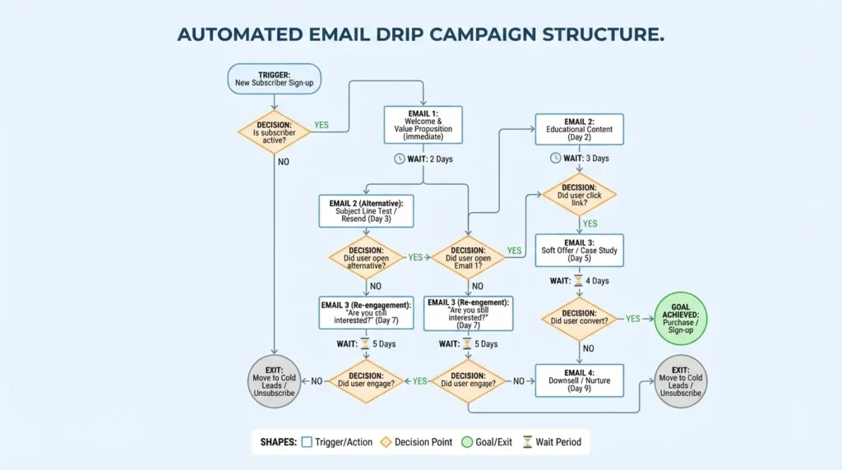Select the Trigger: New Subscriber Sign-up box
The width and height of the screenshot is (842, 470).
tap(274, 79)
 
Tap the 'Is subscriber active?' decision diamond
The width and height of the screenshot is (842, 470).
tap(274, 132)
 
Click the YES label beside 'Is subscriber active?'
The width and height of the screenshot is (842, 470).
tap(321, 125)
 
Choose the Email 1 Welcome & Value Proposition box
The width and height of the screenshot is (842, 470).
tap(423, 126)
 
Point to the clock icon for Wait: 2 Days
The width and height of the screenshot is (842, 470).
tap(399, 159)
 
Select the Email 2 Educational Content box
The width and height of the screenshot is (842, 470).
tap(580, 130)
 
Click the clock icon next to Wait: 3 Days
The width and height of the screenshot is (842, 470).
tap(557, 159)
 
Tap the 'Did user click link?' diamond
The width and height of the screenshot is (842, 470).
tap(580, 195)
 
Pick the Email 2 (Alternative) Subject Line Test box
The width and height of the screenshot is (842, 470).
tap(366, 210)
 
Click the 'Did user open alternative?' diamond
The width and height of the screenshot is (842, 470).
tap(366, 256)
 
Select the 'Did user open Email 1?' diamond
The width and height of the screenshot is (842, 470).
tap(468, 256)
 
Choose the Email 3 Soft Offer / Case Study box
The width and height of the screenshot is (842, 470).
tap(580, 251)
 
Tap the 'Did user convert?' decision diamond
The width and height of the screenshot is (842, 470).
tap(580, 318)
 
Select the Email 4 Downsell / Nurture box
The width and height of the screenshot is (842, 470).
tap(580, 380)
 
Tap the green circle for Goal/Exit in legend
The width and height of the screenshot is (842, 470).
tap(466, 442)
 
